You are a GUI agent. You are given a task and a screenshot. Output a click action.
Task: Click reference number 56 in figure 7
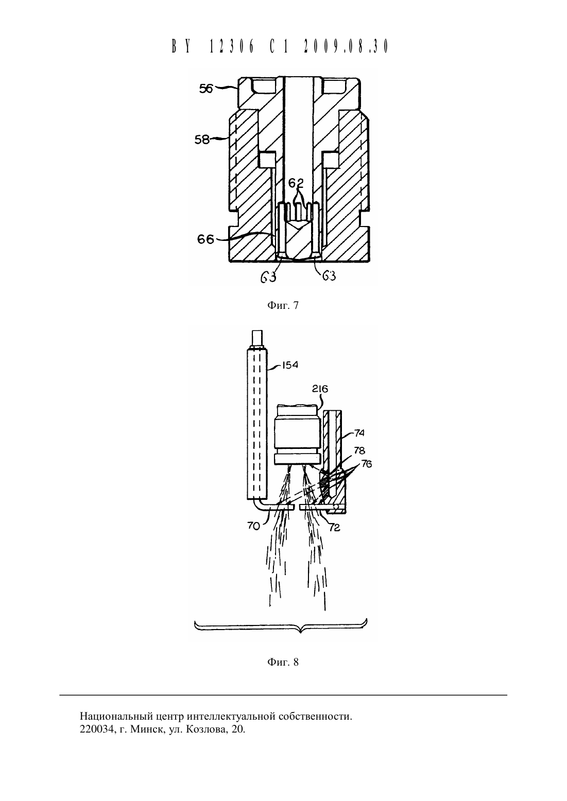[206, 89]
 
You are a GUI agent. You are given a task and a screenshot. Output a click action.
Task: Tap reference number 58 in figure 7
[202, 139]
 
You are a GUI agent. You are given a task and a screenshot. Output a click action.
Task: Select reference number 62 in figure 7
[296, 183]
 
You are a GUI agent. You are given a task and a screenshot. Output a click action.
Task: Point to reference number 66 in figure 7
[205, 239]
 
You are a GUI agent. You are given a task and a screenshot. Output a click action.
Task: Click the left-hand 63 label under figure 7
[268, 277]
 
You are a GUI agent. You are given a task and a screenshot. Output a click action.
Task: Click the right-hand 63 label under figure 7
[329, 275]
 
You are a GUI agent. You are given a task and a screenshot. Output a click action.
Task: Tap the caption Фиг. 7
[283, 305]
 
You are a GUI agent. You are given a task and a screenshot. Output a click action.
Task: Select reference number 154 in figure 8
[289, 365]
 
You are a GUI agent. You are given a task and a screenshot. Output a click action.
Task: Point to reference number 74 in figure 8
[359, 433]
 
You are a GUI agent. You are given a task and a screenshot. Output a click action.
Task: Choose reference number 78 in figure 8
[359, 450]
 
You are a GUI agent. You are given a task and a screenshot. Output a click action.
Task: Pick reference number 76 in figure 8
[366, 464]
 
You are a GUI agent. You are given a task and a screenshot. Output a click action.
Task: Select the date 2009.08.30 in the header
[346, 47]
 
